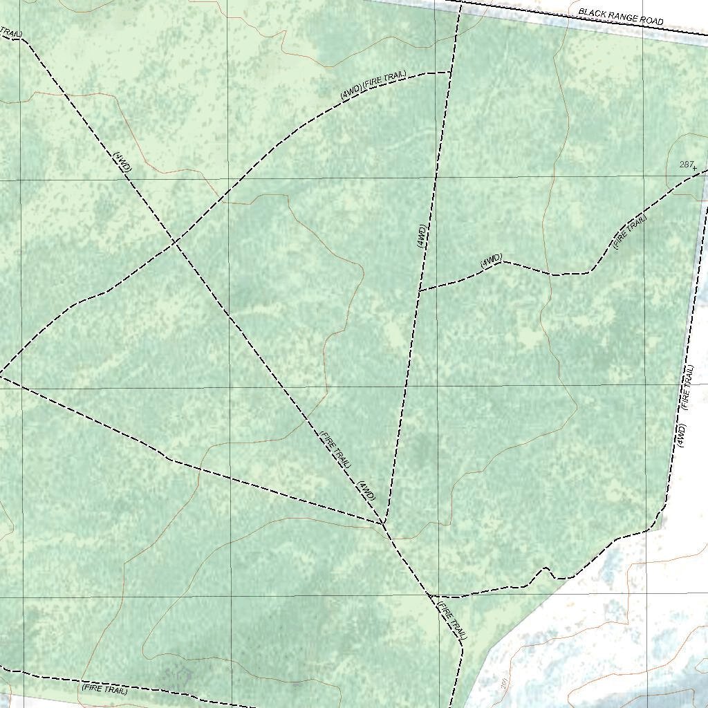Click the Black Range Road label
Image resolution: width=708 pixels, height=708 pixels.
(x=620, y=17)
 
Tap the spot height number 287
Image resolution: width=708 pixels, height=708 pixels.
(x=686, y=165)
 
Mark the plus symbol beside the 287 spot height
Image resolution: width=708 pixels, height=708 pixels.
(x=694, y=168)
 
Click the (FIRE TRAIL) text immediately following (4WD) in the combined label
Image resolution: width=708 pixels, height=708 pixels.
(x=384, y=79)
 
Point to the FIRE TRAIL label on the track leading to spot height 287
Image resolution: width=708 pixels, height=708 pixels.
(x=631, y=232)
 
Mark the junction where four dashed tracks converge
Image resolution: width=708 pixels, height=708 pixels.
(x=383, y=523)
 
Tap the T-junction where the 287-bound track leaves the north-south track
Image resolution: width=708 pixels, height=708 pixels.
(x=420, y=290)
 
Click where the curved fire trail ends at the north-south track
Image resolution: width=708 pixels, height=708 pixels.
(x=451, y=73)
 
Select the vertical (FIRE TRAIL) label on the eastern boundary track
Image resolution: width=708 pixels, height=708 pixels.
(x=686, y=387)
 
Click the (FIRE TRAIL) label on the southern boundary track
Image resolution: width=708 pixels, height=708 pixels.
(x=104, y=689)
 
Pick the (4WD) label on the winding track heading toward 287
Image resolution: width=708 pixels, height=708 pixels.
(x=491, y=260)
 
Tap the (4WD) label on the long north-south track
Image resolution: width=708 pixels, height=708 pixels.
(x=421, y=236)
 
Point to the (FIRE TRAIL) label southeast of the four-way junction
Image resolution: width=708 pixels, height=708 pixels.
(x=451, y=619)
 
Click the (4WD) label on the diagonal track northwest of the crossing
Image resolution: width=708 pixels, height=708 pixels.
(x=122, y=162)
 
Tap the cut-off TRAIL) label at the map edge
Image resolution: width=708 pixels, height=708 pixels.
(x=11, y=32)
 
